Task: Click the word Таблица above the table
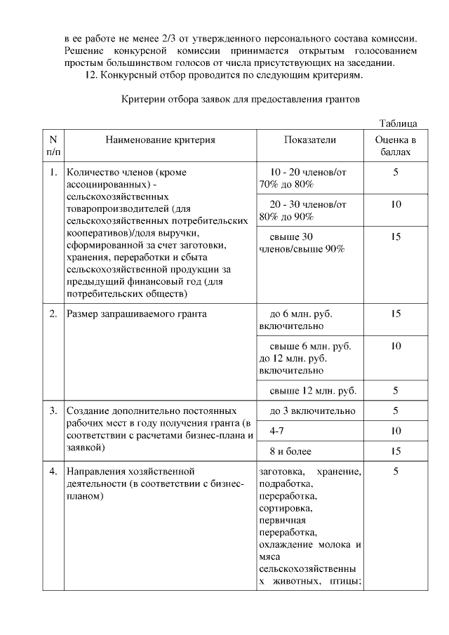tap(398, 123)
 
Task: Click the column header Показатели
tap(309, 140)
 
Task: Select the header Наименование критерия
tap(161, 140)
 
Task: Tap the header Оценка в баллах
tap(396, 146)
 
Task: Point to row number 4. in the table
tap(53, 471)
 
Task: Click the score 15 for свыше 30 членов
tap(396, 236)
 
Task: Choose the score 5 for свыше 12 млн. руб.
tap(396, 390)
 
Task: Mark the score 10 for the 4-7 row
tap(396, 430)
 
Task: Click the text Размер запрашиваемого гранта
tap(136, 314)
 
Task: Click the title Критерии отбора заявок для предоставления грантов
tap(241, 100)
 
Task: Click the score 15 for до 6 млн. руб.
tap(396, 314)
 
